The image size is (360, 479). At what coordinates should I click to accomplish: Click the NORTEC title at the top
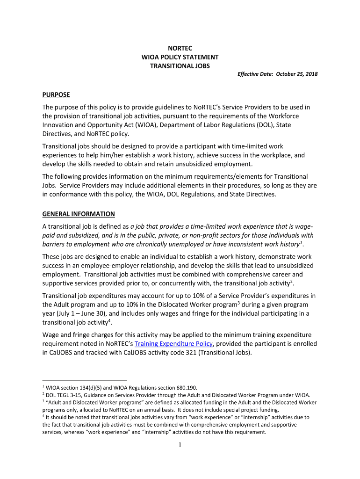point(180,48)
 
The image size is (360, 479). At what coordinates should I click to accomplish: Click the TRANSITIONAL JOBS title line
point(180,66)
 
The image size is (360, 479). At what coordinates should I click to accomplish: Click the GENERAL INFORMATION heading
point(79,214)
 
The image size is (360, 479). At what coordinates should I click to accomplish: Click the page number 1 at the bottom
point(180,444)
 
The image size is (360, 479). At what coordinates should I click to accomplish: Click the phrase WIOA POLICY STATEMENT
point(180,57)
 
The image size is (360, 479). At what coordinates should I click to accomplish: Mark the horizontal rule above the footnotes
point(85,380)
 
